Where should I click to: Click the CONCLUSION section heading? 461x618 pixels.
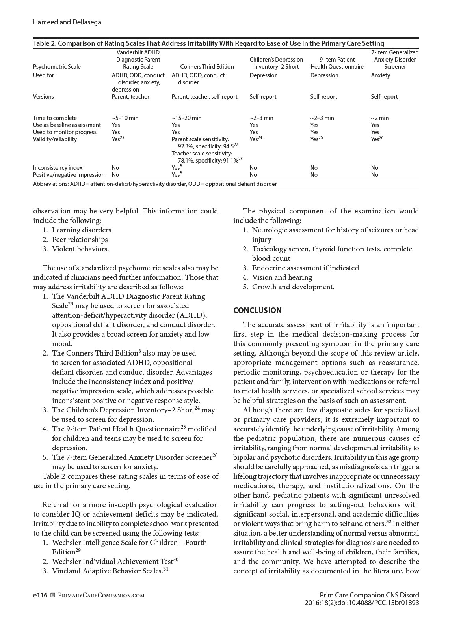257,310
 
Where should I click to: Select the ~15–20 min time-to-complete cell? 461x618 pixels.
186,118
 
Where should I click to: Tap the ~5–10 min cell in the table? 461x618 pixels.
125,118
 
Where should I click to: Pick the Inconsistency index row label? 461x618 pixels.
58,168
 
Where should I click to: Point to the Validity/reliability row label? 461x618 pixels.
55,139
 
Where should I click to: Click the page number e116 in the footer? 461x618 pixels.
40,595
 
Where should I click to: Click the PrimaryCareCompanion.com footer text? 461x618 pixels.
101,596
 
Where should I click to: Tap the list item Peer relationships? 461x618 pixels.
80,240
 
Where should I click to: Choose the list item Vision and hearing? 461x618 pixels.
282,277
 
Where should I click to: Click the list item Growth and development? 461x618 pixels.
293,287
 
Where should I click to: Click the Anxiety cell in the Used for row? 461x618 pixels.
380,75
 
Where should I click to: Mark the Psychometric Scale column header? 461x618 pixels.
57,67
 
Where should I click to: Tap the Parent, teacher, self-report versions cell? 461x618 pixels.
204,97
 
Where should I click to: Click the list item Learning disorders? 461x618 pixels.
82,230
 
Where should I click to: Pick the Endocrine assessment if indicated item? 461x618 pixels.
305,268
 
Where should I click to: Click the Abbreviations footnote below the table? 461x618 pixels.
155,184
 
